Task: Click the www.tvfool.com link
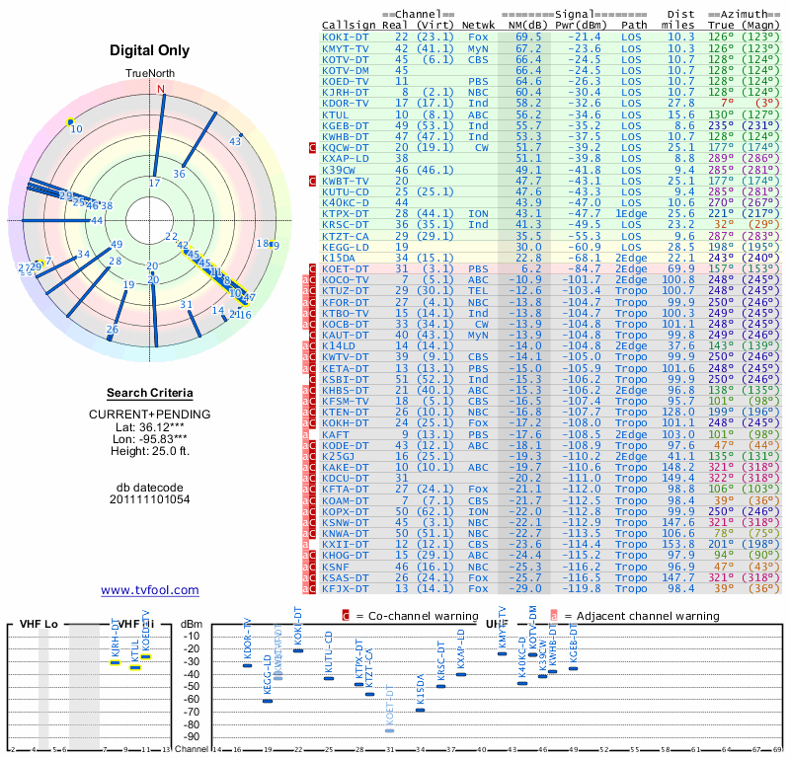pyautogui.click(x=150, y=590)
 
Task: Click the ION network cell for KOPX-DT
pyautogui.click(x=478, y=511)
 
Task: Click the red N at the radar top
pyautogui.click(x=161, y=88)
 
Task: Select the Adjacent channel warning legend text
pyautogui.click(x=642, y=615)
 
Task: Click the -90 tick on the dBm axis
pyautogui.click(x=190, y=736)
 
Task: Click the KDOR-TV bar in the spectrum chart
pyautogui.click(x=247, y=665)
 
